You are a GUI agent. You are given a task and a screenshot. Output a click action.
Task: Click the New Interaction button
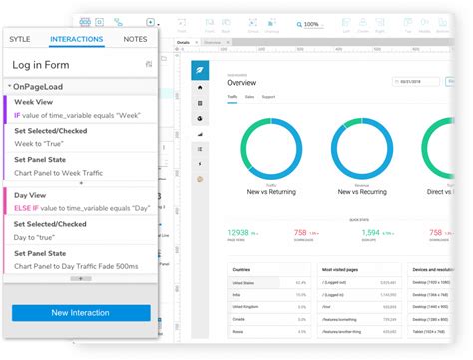click(x=81, y=313)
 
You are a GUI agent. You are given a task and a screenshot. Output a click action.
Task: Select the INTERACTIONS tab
click(x=75, y=39)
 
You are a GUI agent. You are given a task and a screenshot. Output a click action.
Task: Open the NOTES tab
click(x=135, y=39)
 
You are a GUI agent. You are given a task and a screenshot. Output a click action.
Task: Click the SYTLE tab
click(x=20, y=39)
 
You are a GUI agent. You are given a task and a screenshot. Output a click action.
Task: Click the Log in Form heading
click(x=41, y=65)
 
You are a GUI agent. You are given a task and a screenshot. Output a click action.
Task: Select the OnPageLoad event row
click(x=40, y=87)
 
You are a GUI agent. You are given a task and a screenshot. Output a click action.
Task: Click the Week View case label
click(x=34, y=102)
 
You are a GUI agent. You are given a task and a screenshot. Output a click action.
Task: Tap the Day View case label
click(x=31, y=196)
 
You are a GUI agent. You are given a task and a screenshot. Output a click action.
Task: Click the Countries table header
click(x=241, y=269)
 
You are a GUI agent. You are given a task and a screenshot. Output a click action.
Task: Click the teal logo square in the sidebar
click(x=200, y=69)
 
